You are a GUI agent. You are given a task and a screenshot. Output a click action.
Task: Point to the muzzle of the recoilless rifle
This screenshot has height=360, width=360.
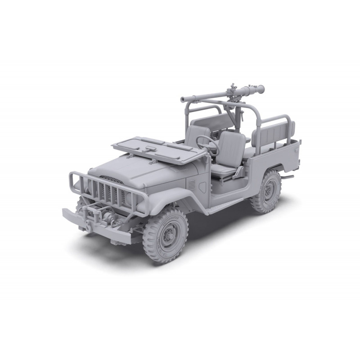[x=183, y=99]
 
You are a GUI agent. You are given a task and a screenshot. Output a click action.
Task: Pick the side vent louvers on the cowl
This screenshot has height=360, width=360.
[x=192, y=184]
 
